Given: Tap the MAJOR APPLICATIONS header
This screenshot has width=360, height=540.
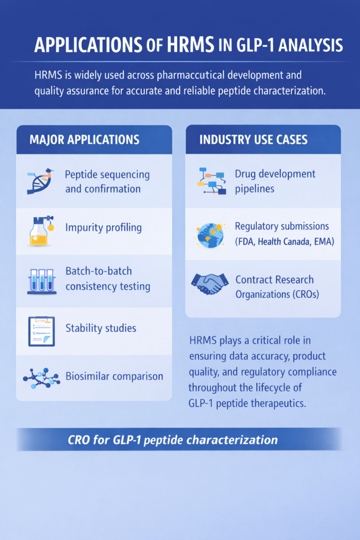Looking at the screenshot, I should click(x=84, y=140).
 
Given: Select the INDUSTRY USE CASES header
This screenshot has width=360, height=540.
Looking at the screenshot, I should click(x=253, y=140).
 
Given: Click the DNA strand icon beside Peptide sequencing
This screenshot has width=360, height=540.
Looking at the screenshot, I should click(x=41, y=181).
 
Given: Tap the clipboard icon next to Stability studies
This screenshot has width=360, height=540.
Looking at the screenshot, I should click(x=41, y=331).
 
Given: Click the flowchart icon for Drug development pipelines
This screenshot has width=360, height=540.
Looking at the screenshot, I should click(x=211, y=181).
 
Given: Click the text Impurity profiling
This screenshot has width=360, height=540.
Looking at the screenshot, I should click(x=103, y=228).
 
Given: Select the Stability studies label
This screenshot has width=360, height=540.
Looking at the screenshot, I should click(x=101, y=328).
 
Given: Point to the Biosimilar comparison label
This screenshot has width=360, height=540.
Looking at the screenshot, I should click(x=114, y=377).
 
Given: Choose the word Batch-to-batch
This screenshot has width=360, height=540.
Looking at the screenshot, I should click(x=99, y=271).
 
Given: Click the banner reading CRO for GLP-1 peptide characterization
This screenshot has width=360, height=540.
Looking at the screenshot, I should click(x=173, y=439).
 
